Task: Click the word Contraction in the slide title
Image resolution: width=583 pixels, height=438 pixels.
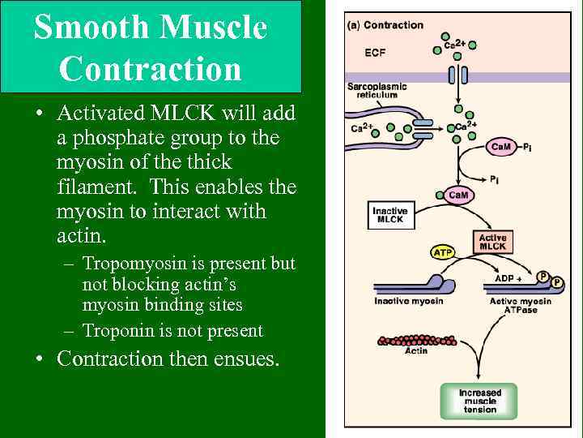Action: click(151, 68)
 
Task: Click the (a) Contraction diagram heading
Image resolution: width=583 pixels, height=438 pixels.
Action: click(385, 25)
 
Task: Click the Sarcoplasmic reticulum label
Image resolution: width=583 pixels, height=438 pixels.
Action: click(377, 90)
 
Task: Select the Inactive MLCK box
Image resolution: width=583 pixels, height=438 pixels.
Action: click(389, 215)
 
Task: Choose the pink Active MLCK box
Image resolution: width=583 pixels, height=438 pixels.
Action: click(492, 242)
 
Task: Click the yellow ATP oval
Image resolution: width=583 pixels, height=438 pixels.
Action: click(442, 253)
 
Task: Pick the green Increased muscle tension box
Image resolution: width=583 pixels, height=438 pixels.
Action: click(480, 401)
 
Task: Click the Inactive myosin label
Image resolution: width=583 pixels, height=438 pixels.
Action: click(408, 302)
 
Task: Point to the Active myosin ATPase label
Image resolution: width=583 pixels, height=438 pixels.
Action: click(520, 306)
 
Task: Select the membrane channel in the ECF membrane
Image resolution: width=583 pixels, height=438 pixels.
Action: click(458, 75)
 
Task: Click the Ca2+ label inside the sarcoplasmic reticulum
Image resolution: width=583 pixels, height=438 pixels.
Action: click(361, 127)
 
